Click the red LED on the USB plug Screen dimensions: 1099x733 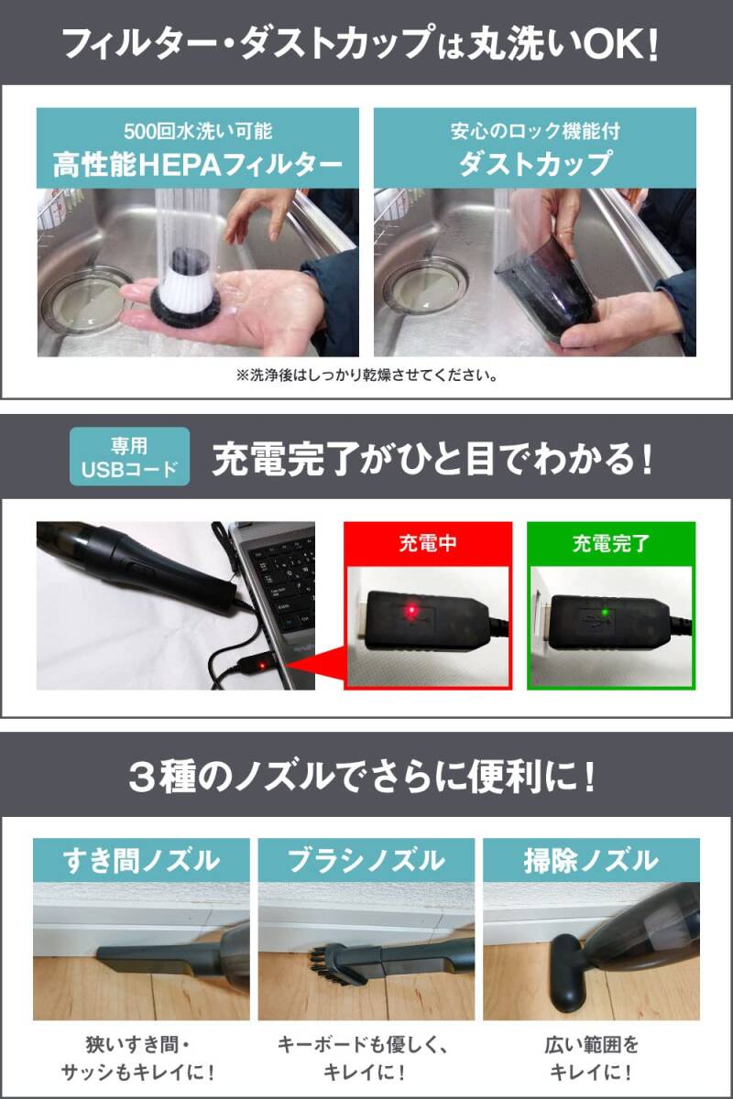[x=411, y=607]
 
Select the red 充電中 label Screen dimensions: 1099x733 [x=428, y=544]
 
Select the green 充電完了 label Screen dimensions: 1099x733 [x=611, y=544]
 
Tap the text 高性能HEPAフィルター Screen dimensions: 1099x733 [x=198, y=165]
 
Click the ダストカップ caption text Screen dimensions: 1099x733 [x=535, y=165]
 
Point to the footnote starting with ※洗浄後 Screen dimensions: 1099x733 [x=366, y=375]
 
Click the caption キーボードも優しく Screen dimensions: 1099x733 [x=366, y=1044]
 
